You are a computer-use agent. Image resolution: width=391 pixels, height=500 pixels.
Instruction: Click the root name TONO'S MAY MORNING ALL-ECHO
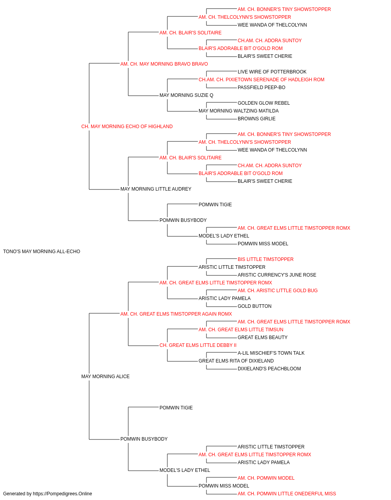[41, 252]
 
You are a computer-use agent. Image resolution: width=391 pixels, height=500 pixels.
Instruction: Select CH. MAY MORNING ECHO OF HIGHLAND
[127, 127]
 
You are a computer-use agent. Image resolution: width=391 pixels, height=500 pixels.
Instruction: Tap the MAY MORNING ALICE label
[105, 377]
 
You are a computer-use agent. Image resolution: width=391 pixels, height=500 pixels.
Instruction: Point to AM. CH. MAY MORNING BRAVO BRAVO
[164, 64]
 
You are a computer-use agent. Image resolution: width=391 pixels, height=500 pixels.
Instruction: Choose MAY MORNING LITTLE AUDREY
[156, 189]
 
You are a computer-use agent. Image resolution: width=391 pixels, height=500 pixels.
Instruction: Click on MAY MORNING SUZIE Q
[186, 95]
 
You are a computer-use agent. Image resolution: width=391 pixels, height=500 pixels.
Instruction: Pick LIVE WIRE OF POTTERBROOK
[272, 72]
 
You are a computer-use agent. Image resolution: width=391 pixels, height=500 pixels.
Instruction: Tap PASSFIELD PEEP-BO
[261, 87]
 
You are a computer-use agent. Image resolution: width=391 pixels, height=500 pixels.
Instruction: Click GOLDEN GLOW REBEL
[264, 103]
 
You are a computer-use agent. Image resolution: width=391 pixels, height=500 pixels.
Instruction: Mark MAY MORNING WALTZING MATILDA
[239, 111]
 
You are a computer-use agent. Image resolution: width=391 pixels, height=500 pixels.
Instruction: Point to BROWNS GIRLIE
[256, 119]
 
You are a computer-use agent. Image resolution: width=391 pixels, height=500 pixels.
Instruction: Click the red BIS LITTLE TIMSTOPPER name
[265, 259]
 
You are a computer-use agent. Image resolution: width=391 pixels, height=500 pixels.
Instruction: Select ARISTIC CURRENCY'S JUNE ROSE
[277, 275]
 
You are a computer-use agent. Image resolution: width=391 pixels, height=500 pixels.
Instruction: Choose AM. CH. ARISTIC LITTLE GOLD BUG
[278, 291]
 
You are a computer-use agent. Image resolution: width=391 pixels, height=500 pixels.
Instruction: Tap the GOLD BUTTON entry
[255, 306]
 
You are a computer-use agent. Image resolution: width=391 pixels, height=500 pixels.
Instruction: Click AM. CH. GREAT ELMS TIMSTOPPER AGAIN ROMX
[176, 314]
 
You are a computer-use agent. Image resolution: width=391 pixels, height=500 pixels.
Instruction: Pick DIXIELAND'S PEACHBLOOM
[269, 369]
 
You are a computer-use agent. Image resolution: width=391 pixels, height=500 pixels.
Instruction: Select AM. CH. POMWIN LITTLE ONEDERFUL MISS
[287, 494]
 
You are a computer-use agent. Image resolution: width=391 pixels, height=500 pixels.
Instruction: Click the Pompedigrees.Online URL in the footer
[62, 494]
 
